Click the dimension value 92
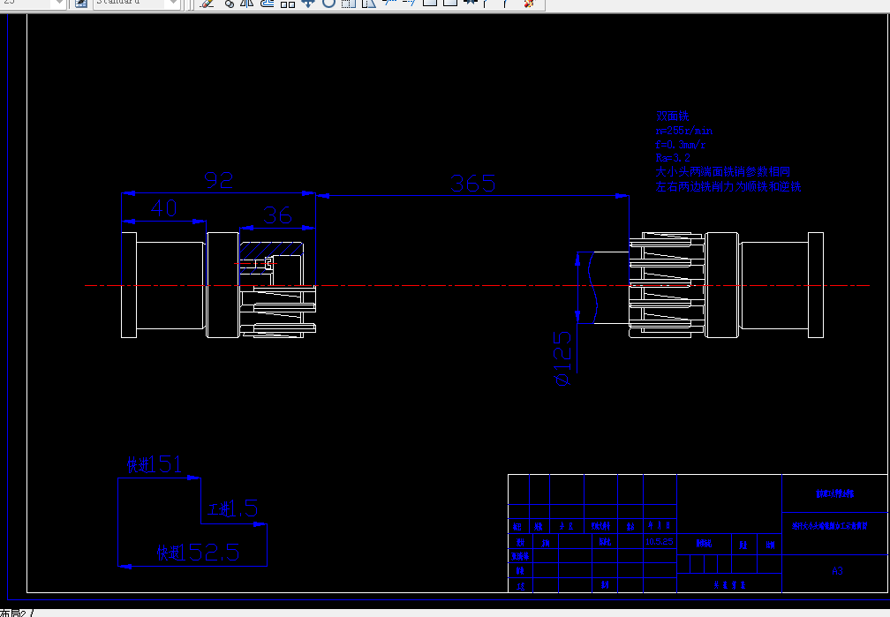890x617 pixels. click(x=219, y=180)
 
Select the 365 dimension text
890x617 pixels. click(x=472, y=184)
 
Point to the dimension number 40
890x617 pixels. click(x=164, y=208)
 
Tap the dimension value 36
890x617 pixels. click(x=277, y=214)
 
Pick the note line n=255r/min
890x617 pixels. click(x=684, y=130)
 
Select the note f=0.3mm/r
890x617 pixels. click(x=681, y=144)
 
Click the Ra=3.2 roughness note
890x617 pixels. click(x=674, y=158)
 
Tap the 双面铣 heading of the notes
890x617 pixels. click(x=671, y=116)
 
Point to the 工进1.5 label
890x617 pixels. click(x=233, y=508)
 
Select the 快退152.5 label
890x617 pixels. click(x=198, y=553)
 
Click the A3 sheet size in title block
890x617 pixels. click(x=837, y=571)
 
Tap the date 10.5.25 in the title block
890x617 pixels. click(x=660, y=541)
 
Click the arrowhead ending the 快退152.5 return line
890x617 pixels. click(x=125, y=566)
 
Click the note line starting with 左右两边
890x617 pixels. click(x=728, y=187)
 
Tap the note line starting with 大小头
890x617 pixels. click(x=722, y=172)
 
